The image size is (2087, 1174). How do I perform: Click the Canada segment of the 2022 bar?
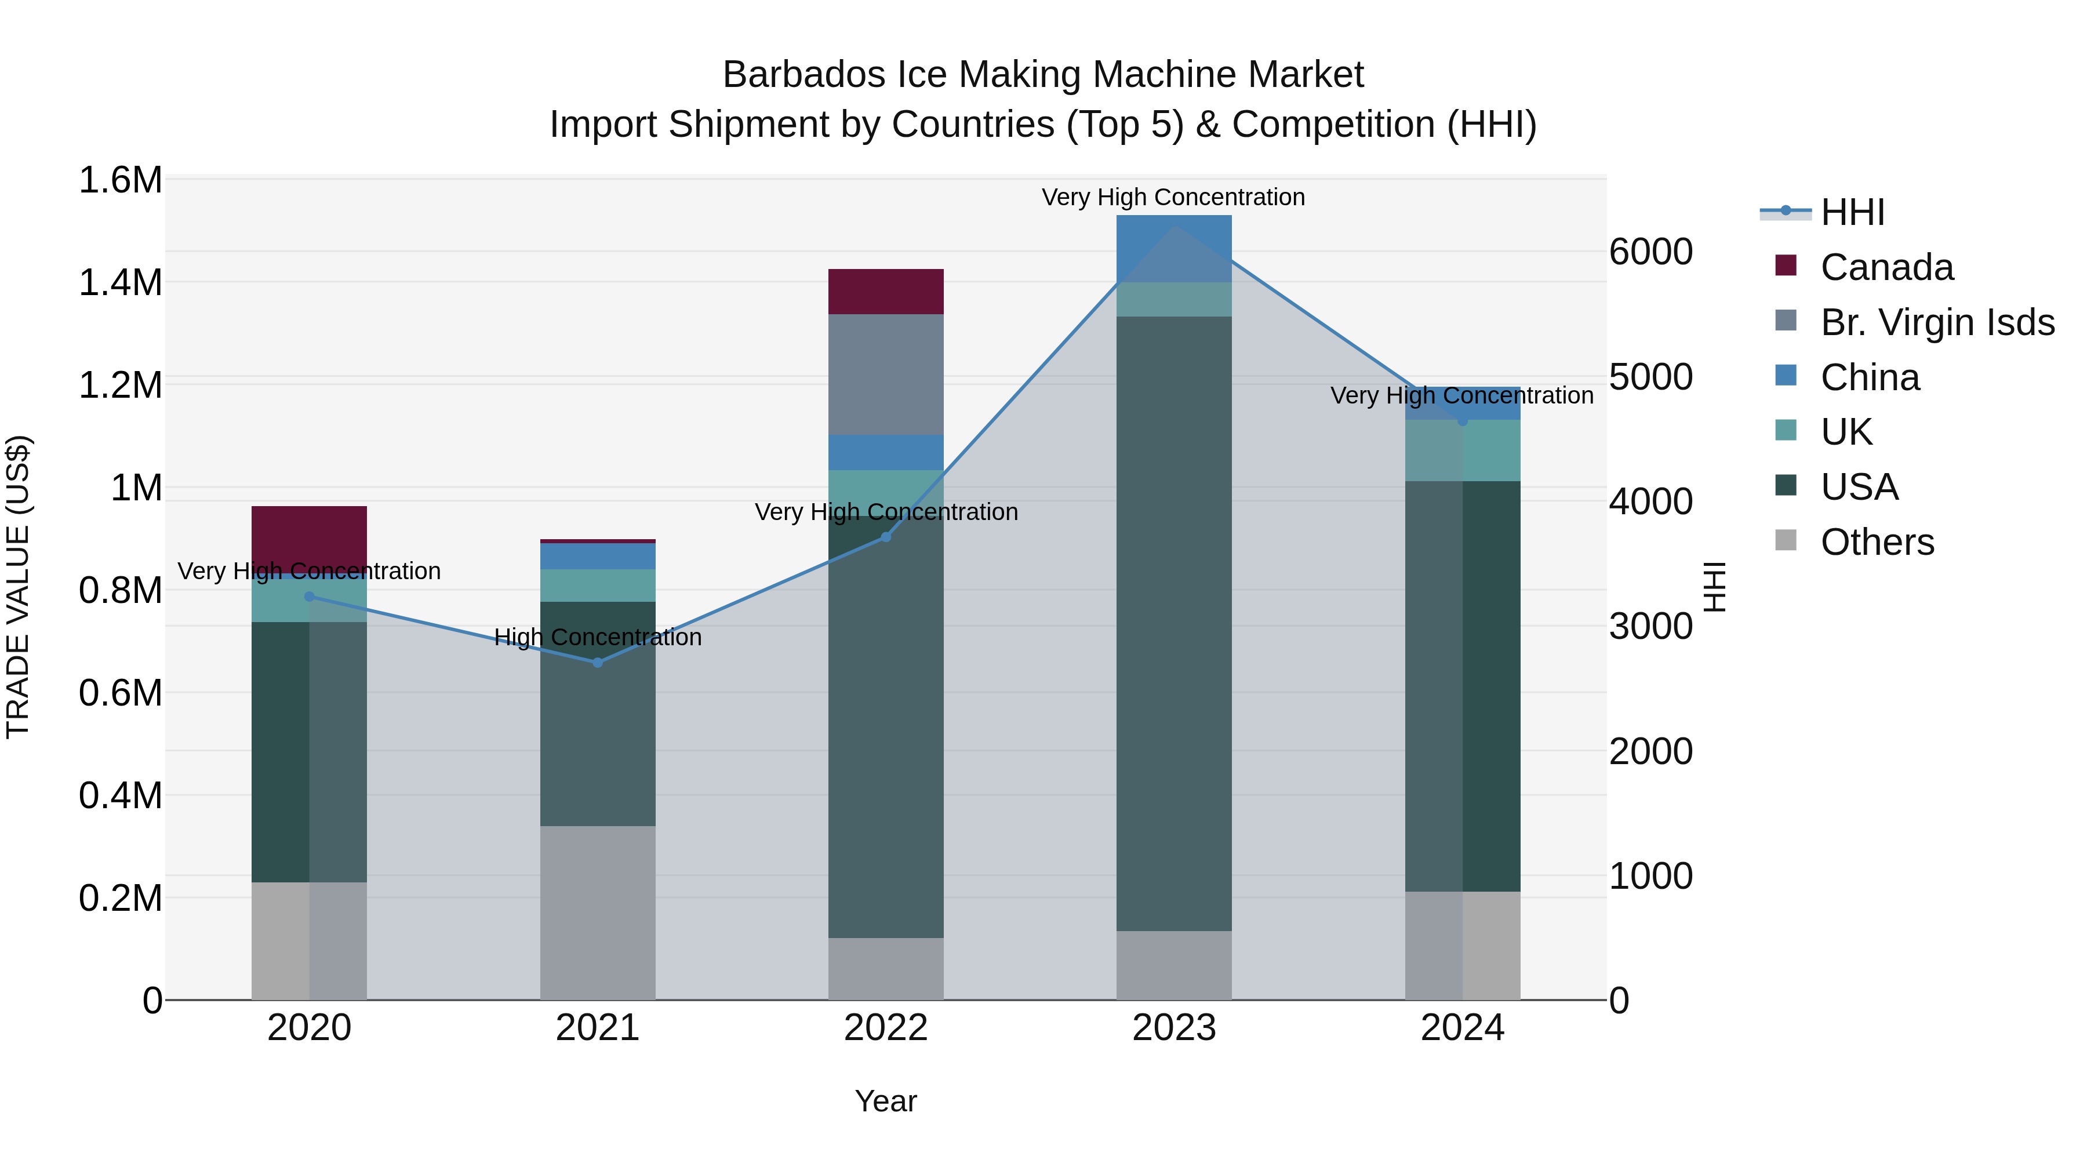[x=885, y=292]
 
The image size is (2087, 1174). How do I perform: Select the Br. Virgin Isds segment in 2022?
[x=885, y=375]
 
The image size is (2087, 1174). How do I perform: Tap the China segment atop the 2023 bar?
[x=1174, y=248]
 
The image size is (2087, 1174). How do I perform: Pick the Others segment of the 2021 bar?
[x=597, y=913]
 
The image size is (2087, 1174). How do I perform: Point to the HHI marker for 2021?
[x=597, y=663]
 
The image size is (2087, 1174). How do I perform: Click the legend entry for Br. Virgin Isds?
[x=1936, y=322]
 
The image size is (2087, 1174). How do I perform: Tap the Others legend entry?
[x=1877, y=542]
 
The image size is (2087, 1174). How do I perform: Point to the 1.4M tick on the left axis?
[x=120, y=283]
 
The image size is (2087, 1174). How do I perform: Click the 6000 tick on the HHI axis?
[x=1650, y=252]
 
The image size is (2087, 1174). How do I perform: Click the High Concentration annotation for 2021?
[x=597, y=638]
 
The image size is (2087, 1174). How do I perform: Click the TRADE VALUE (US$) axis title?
[x=18, y=587]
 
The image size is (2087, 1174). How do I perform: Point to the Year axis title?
[x=885, y=1101]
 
